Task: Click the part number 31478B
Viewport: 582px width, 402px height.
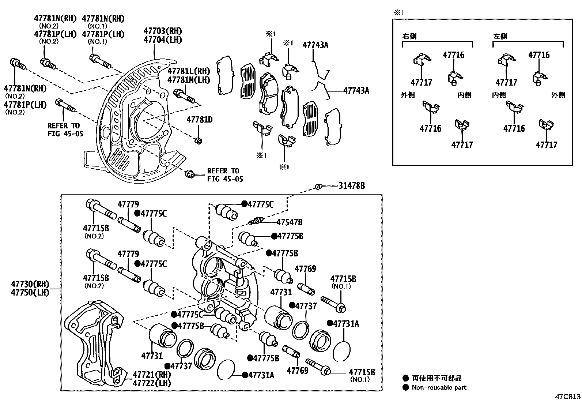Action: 351,186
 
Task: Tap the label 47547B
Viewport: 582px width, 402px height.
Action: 289,222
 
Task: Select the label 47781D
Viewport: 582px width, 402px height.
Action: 200,120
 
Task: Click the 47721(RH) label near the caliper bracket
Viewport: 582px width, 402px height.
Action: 152,375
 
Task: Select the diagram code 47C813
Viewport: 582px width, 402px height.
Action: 567,397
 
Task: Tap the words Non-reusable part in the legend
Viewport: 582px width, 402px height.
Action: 439,387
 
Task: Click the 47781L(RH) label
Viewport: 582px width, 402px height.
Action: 189,71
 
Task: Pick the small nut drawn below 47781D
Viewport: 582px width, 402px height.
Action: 199,141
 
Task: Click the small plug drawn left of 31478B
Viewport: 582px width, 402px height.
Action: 318,187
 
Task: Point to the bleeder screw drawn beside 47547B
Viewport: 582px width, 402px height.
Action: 256,221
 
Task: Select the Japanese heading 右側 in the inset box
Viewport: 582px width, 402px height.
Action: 409,37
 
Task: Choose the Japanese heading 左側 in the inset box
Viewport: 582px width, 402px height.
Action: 500,37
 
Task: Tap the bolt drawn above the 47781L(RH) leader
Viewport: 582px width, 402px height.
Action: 185,96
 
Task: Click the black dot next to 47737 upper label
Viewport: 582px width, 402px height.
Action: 292,305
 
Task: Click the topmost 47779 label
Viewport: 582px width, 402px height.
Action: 128,204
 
